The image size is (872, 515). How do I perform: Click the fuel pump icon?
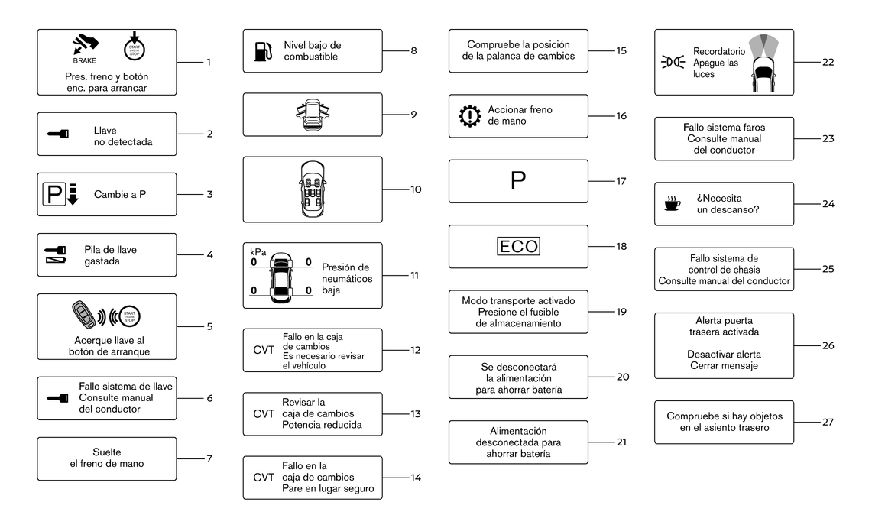point(263,51)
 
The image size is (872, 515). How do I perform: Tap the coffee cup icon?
point(672,203)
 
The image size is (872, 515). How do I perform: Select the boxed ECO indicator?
point(518,246)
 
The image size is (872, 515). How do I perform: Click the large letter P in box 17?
point(517,181)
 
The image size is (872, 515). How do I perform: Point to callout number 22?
point(828,63)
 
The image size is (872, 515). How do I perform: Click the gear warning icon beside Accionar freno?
point(470,116)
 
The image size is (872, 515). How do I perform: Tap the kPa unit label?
point(258,252)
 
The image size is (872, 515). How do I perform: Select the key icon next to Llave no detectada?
point(58,134)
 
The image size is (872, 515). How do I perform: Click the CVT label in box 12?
point(264,351)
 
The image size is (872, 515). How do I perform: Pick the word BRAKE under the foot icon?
point(85,60)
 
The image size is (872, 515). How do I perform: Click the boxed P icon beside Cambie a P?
point(54,195)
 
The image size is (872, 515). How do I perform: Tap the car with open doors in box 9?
point(313,115)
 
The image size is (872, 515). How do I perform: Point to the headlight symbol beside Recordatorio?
point(673,63)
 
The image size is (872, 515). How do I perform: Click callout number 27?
point(828,422)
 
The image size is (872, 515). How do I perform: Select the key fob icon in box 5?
point(86,315)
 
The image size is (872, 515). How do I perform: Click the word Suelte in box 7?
point(107,452)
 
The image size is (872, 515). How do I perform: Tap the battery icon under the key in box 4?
point(56,260)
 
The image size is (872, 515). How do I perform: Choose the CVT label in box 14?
point(264,478)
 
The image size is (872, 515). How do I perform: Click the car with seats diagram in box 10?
point(313,189)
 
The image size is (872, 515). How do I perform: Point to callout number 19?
point(621,312)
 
